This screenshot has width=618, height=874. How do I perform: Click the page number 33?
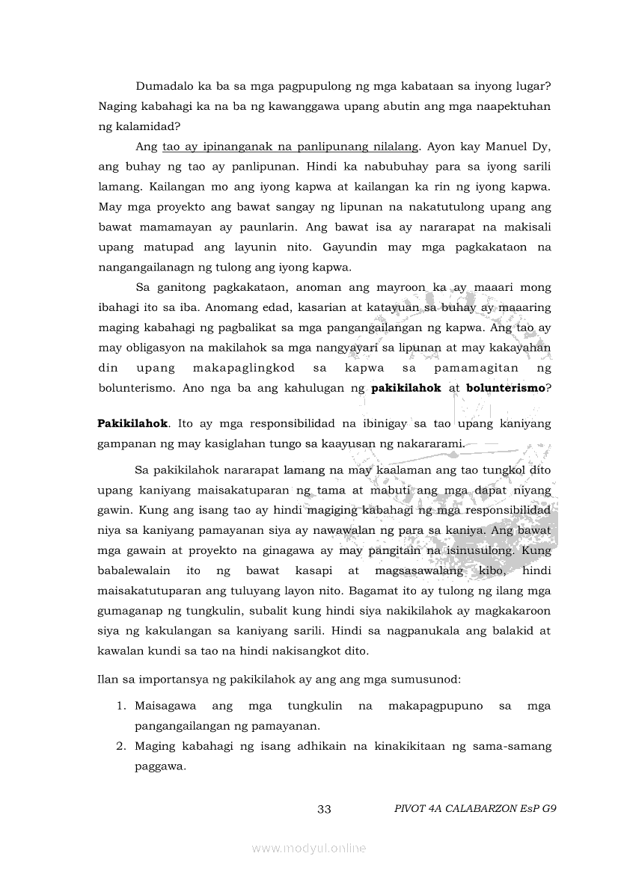click(324, 809)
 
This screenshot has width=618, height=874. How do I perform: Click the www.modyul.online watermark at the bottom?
click(309, 848)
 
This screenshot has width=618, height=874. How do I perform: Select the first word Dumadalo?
click(162, 86)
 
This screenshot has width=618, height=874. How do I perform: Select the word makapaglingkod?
click(244, 368)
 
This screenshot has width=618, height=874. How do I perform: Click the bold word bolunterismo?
click(506, 388)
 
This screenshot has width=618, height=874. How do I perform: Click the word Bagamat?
click(389, 590)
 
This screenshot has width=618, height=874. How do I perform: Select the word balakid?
click(510, 630)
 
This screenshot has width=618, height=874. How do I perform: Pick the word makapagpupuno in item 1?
click(435, 706)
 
